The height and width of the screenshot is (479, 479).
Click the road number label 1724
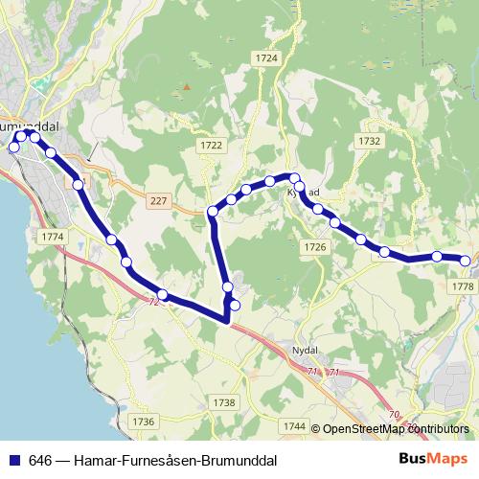pyautogui.click(x=266, y=58)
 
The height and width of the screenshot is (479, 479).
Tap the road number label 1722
pyautogui.click(x=212, y=145)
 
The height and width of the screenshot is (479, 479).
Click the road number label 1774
pyautogui.click(x=53, y=236)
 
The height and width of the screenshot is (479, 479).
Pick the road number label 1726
pyautogui.click(x=314, y=247)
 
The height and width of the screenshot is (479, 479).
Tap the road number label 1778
pyautogui.click(x=461, y=286)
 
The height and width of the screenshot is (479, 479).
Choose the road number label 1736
pyautogui.click(x=143, y=422)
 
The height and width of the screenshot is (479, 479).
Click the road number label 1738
pyautogui.click(x=224, y=403)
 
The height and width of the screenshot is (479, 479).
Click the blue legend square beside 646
pyautogui.click(x=13, y=459)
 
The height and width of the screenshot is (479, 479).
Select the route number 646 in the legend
pyautogui.click(x=40, y=459)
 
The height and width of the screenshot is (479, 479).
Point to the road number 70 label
pyautogui.click(x=396, y=414)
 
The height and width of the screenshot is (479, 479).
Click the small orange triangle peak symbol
pyautogui.click(x=188, y=87)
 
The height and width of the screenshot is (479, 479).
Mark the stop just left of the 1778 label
pyautogui.click(x=437, y=256)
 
